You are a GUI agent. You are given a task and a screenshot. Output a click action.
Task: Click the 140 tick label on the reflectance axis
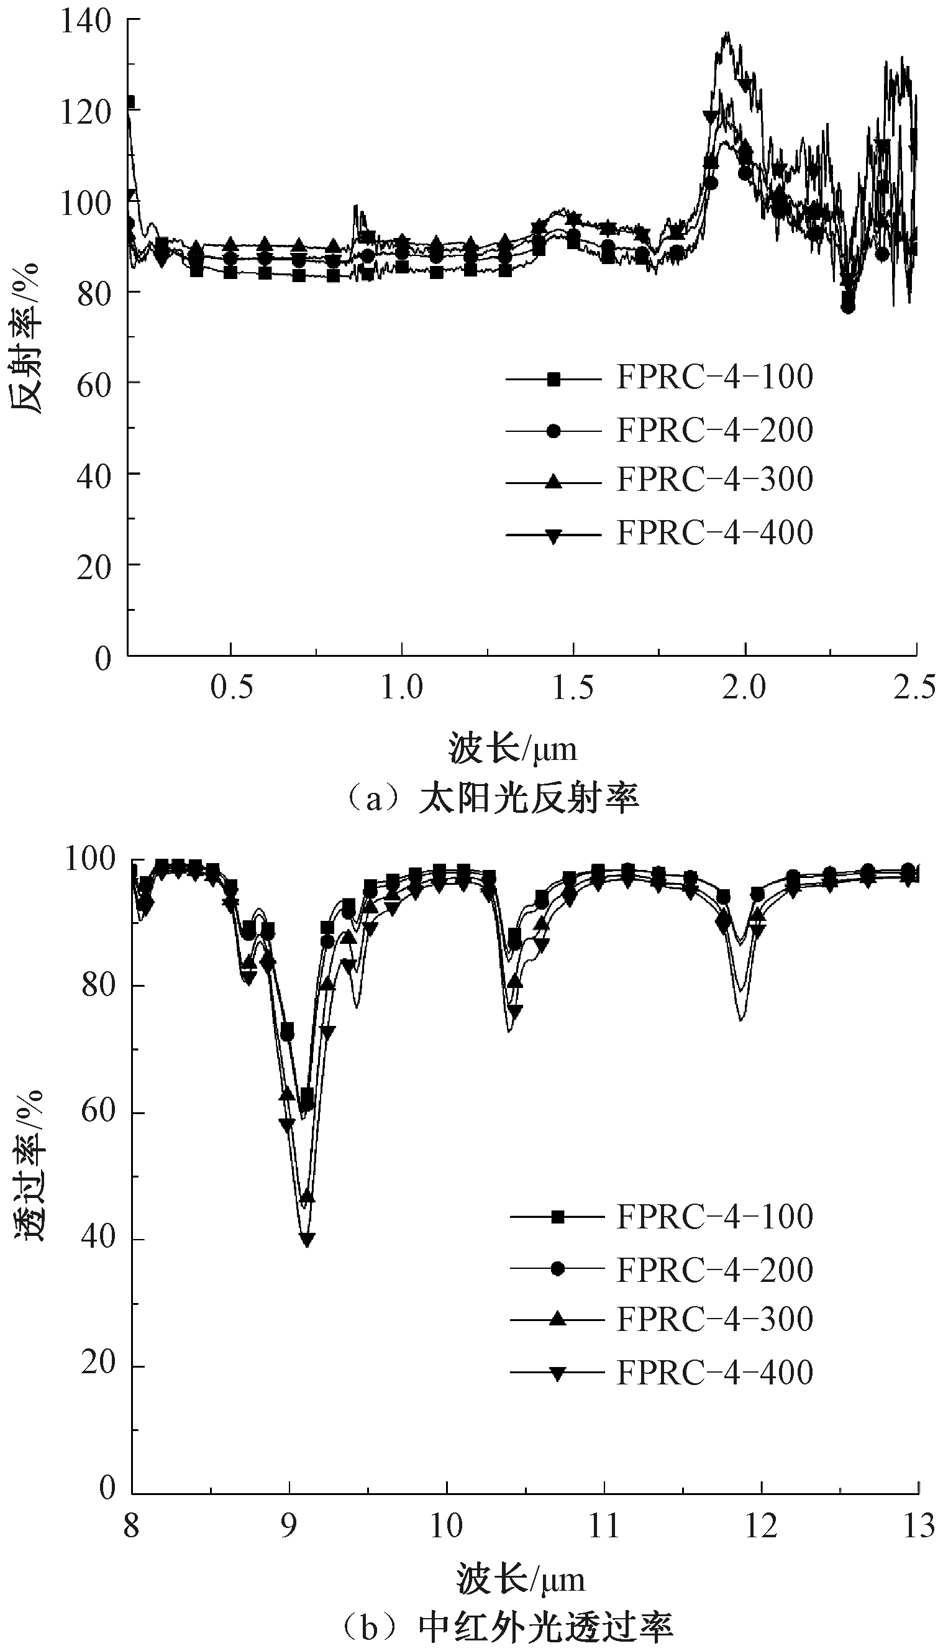click(x=86, y=21)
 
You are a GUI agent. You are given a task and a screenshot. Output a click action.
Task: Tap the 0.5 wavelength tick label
click(x=231, y=687)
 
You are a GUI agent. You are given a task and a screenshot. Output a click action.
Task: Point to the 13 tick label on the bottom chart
click(x=918, y=1527)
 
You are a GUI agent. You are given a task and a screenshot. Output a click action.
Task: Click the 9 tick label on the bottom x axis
click(x=289, y=1527)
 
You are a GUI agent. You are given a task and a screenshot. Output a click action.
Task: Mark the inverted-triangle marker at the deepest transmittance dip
click(x=307, y=1240)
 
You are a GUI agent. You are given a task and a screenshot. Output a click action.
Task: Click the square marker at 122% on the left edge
click(x=130, y=103)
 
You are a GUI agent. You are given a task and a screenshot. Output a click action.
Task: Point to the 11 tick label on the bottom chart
click(x=604, y=1527)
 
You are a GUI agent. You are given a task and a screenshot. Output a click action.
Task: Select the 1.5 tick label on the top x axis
click(x=573, y=687)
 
